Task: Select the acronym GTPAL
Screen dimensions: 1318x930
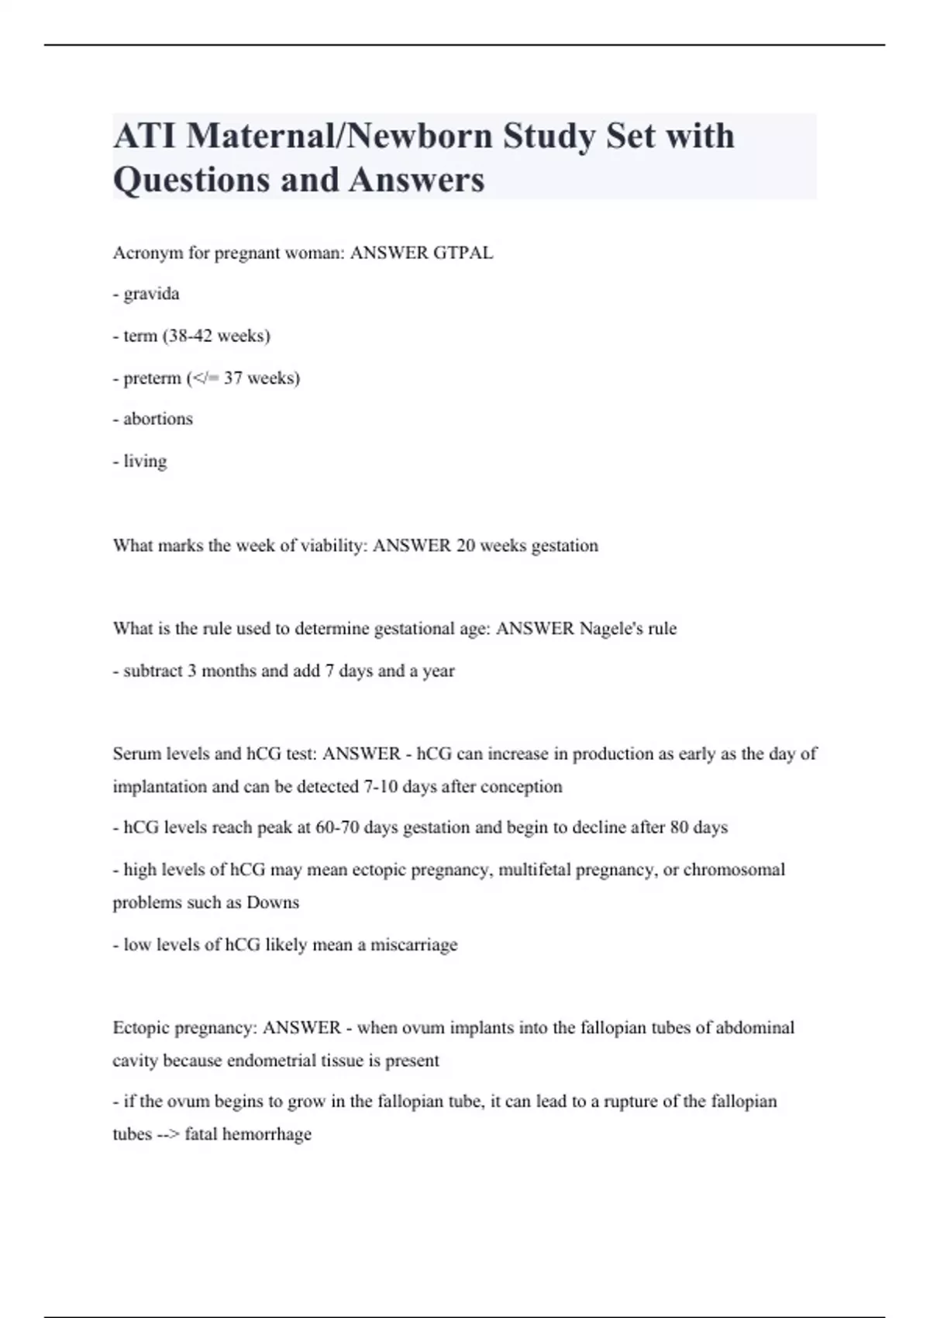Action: [x=463, y=253]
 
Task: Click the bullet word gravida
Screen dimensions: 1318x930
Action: [x=151, y=294]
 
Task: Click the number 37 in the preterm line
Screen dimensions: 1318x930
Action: [x=233, y=378]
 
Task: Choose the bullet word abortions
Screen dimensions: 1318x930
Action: [x=158, y=419]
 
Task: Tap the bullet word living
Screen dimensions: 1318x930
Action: [x=145, y=461]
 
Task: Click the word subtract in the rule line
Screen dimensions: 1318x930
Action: [x=153, y=671]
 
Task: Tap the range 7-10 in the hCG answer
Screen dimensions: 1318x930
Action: [x=381, y=787]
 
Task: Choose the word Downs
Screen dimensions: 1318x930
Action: [x=273, y=902]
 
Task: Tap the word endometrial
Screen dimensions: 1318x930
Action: [x=270, y=1061]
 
